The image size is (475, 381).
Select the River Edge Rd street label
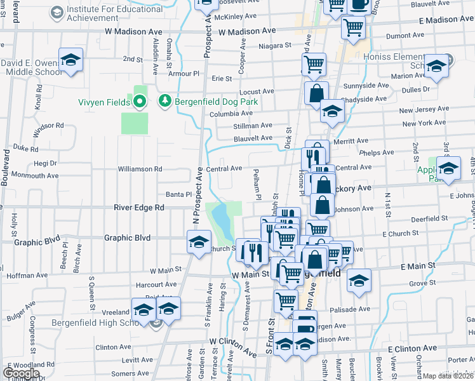[x=139, y=207]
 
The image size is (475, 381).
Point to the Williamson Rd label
[x=140, y=169]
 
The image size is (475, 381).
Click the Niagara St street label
[x=274, y=46]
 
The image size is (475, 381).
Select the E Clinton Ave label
[x=412, y=348]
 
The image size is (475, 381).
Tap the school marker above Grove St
[x=359, y=280]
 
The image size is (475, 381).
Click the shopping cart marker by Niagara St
[x=314, y=63]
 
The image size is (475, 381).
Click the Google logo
[x=21, y=373]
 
